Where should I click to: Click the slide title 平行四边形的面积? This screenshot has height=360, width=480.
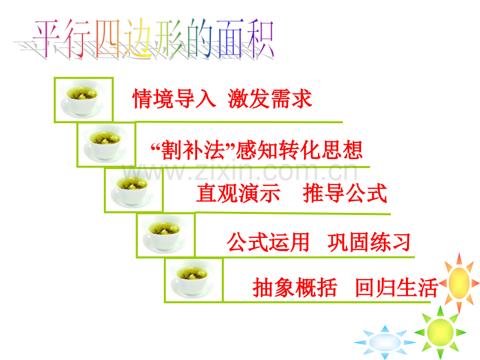pyautogui.click(x=153, y=39)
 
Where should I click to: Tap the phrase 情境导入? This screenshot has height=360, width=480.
pyautogui.click(x=174, y=99)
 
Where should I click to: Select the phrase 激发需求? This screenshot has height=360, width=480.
pyautogui.click(x=270, y=99)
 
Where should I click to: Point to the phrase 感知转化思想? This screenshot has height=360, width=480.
pyautogui.click(x=299, y=150)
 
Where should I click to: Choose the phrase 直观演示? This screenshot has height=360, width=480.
pyautogui.click(x=238, y=193)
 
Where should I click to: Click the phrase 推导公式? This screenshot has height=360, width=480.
pyautogui.click(x=345, y=193)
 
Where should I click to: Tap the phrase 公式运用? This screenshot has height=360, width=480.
pyautogui.click(x=268, y=242)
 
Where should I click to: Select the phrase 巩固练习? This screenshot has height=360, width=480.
pyautogui.click(x=369, y=242)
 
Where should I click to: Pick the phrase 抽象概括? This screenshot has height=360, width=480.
pyautogui.click(x=295, y=287)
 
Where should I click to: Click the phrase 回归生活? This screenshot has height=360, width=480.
pyautogui.click(x=397, y=287)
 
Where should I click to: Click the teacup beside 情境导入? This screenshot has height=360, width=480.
pyautogui.click(x=82, y=99)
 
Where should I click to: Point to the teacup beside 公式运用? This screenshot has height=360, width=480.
pyautogui.click(x=164, y=234)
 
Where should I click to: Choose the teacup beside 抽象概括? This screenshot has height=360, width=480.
pyautogui.click(x=192, y=279)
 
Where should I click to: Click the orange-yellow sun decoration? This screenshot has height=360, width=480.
pyautogui.click(x=459, y=283)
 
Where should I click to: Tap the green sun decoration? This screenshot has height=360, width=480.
pyautogui.click(x=440, y=332)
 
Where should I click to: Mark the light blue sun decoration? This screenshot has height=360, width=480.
pyautogui.click(x=385, y=342)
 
